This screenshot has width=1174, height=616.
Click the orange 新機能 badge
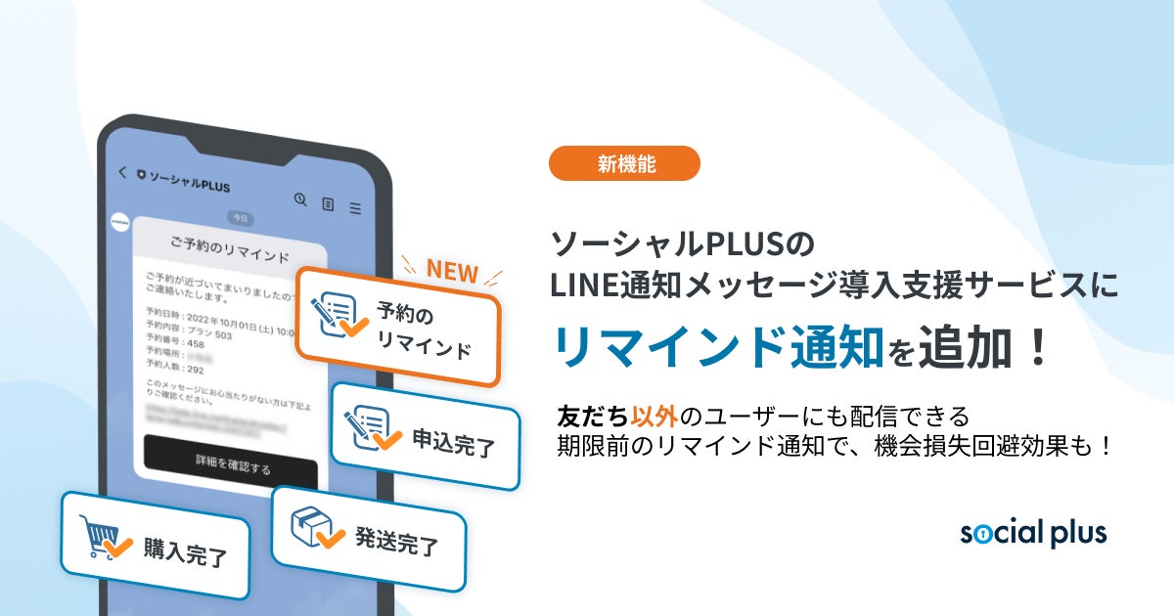[624, 163]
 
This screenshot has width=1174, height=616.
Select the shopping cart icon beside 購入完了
[104, 538]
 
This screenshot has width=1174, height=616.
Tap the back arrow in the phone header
[122, 172]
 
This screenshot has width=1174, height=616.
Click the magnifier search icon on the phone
[301, 199]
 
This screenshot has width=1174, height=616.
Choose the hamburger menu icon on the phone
[355, 208]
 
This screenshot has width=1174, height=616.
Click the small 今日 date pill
[240, 217]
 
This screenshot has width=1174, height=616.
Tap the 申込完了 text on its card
[454, 446]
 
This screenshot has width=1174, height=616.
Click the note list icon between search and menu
[329, 204]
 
